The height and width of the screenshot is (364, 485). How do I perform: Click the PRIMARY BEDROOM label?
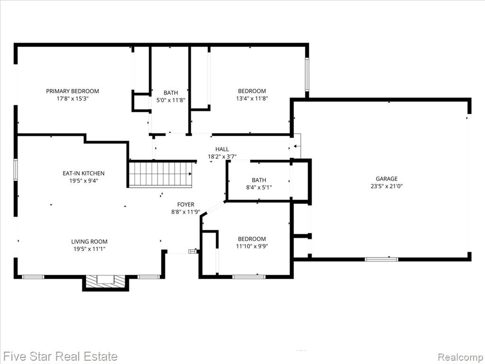click(x=72, y=91)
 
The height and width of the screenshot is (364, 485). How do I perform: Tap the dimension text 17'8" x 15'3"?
click(x=72, y=99)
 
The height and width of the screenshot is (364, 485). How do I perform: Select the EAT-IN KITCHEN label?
click(x=83, y=173)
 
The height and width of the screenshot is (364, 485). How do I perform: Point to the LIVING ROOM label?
click(x=90, y=241)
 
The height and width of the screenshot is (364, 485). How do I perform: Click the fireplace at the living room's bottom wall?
click(x=106, y=282)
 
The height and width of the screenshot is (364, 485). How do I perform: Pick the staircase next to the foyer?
click(x=161, y=174)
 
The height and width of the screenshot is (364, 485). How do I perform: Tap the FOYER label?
click(x=186, y=204)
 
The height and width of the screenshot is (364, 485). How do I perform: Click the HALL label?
click(x=222, y=149)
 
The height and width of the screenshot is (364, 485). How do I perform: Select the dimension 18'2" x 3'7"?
click(x=222, y=156)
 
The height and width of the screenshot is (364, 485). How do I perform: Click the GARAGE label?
click(x=386, y=179)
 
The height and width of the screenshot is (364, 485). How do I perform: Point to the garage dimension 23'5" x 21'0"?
click(x=386, y=186)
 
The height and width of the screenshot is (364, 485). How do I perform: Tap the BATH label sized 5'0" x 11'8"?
click(x=171, y=92)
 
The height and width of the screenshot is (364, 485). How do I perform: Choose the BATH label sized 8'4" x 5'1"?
click(x=259, y=180)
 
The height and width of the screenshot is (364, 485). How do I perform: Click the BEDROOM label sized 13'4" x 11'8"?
click(x=252, y=91)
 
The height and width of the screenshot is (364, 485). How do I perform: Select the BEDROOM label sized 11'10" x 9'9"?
click(x=252, y=239)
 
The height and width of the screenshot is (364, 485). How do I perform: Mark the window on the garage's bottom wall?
click(x=381, y=259)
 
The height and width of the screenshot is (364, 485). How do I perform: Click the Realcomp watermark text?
click(x=461, y=357)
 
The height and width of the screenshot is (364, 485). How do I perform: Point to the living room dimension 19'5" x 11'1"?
click(x=90, y=249)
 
